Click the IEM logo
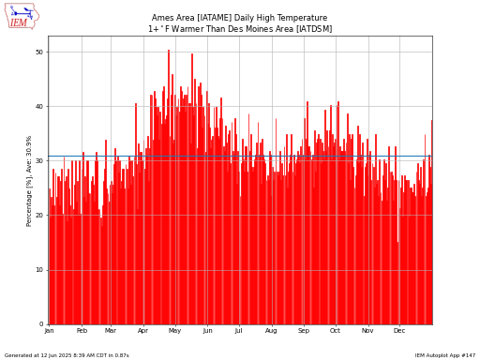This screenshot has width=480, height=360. [22, 16]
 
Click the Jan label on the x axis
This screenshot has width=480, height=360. [49, 331]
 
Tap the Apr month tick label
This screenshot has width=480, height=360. [142, 331]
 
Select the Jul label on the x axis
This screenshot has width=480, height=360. [238, 331]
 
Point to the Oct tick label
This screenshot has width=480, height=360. [335, 331]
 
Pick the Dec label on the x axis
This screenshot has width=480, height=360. [399, 331]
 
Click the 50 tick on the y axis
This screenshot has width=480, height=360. [39, 52]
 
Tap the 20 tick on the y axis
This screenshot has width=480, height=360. [39, 216]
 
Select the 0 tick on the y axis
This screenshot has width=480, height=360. [41, 324]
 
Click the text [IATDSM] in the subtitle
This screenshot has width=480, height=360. [314, 29]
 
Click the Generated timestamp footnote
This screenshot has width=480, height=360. [67, 355]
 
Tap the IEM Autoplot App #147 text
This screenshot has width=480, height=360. [445, 355]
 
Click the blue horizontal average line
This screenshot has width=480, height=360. [240, 157]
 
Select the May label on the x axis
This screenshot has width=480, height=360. [174, 331]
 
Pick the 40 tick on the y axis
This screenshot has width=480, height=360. [39, 107]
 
